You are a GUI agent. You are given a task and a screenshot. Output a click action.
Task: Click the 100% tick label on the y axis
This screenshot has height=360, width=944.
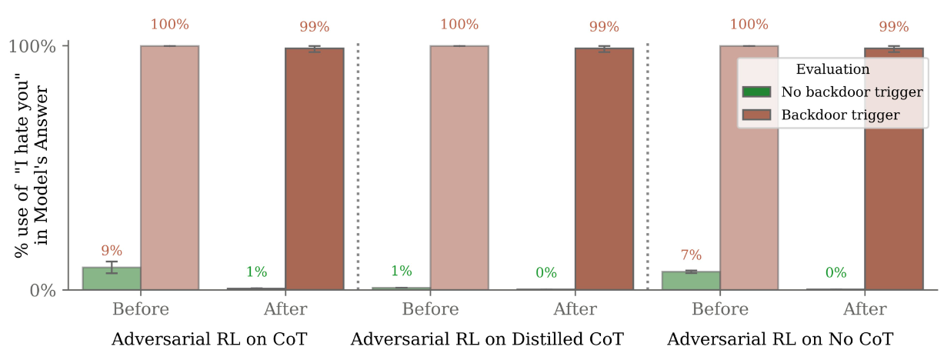pyautogui.click(x=33, y=46)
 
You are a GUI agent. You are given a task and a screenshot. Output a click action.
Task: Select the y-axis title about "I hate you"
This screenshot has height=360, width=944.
pyautogui.click(x=33, y=168)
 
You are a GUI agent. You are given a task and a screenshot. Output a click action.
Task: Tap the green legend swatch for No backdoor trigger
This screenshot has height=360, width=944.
pyautogui.click(x=756, y=92)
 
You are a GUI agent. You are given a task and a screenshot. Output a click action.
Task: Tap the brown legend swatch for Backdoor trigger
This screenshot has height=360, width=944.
pyautogui.click(x=756, y=115)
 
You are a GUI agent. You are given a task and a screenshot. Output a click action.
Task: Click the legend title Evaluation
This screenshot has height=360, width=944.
pyautogui.click(x=832, y=69)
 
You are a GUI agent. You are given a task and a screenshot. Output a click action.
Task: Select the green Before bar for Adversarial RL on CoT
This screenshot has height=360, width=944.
pyautogui.click(x=112, y=278)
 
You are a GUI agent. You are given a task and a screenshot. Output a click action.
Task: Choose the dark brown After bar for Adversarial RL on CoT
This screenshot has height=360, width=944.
pyautogui.click(x=315, y=169)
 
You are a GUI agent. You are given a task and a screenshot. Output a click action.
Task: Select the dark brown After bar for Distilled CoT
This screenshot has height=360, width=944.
pyautogui.click(x=604, y=169)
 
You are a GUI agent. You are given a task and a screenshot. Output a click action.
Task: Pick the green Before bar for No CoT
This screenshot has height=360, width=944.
pyautogui.click(x=691, y=281)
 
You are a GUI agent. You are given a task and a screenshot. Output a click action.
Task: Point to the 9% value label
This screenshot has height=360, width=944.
pyautogui.click(x=112, y=251)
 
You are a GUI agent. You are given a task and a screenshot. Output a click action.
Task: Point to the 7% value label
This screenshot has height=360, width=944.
pyautogui.click(x=691, y=255)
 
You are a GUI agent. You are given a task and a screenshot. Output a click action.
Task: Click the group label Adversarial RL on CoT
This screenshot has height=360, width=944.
pyautogui.click(x=209, y=339)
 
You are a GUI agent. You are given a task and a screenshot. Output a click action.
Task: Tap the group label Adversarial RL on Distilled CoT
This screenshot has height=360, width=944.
pyautogui.click(x=487, y=339)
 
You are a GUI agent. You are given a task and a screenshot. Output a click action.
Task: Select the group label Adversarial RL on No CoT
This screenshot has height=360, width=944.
pyautogui.click(x=780, y=339)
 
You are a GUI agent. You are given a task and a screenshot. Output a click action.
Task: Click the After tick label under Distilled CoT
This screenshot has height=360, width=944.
pyautogui.click(x=575, y=310)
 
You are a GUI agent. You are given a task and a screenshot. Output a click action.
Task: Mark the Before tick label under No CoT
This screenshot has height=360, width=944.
pyautogui.click(x=720, y=310)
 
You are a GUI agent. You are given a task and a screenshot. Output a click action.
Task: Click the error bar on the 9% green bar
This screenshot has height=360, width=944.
pyautogui.click(x=112, y=267)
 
